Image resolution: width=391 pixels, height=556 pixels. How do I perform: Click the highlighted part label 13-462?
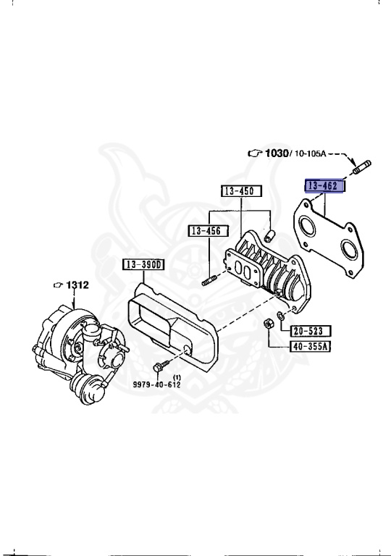[324, 186]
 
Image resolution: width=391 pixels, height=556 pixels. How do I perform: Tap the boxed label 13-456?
[209, 231]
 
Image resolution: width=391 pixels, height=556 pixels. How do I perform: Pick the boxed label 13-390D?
[143, 264]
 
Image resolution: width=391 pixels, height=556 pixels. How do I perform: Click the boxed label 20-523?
[311, 331]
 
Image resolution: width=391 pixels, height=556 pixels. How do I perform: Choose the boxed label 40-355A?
[311, 346]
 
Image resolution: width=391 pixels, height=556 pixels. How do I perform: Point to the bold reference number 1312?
[77, 285]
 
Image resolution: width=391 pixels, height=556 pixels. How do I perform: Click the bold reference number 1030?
[277, 153]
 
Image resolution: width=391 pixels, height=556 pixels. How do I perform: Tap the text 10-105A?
[310, 153]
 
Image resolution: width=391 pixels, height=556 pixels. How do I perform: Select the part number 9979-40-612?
[157, 384]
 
